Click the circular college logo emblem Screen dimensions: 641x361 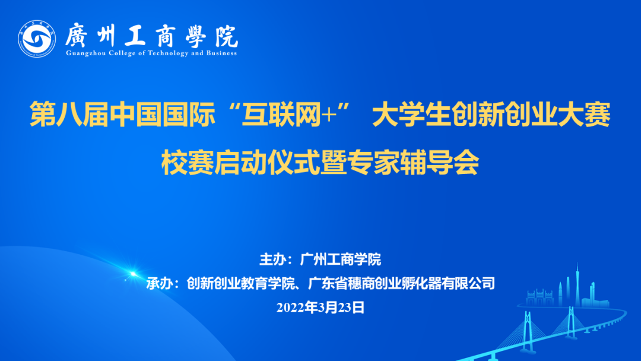point(37,39)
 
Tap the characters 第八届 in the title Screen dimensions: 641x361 point(69,115)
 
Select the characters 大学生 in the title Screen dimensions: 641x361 point(412,115)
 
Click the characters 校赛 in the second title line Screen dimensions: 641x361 point(187,162)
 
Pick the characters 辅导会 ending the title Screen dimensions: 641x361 point(440,162)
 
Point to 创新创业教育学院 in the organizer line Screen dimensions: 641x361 point(240,283)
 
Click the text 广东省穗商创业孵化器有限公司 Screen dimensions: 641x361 point(401,283)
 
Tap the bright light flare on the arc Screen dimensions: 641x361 point(132,274)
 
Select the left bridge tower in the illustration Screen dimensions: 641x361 point(528,331)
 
